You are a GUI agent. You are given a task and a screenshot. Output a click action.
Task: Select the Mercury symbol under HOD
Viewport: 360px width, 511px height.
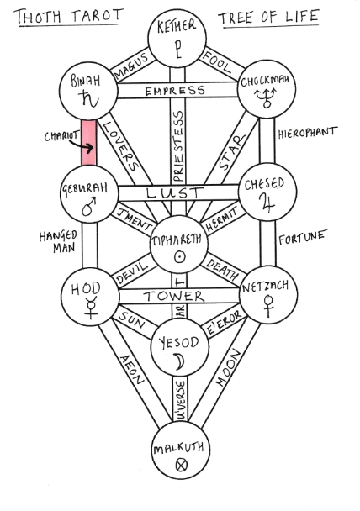[87, 309]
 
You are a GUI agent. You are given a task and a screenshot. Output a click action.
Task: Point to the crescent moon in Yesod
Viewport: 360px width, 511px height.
[177, 361]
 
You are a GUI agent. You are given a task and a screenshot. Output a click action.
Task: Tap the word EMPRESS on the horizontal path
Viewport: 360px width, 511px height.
[174, 91]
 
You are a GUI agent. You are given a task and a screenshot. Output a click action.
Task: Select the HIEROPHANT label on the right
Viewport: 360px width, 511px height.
[307, 132]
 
